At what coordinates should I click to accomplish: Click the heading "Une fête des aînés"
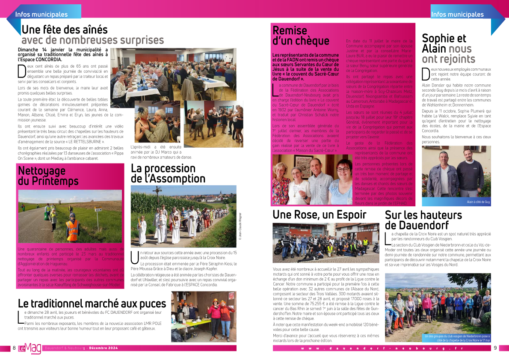pos(64,30)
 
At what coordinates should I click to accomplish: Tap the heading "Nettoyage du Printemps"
pos(48,176)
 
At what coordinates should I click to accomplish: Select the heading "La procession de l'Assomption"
pos(168,173)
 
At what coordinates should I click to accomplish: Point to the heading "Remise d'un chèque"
pos(301,36)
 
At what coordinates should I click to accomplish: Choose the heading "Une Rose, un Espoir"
pos(320,214)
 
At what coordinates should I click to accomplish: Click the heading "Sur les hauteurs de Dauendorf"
pos(423,220)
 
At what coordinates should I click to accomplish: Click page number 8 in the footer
pos(14,348)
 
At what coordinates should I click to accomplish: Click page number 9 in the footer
pos(495,348)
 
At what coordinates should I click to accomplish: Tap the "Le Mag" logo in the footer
pos(30,348)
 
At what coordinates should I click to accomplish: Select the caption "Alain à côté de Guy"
pos(478,201)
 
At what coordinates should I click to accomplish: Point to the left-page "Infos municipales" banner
pos(41,14)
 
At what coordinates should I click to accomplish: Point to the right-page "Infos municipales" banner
pos(457,14)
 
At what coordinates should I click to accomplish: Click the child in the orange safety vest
pos(72,226)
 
